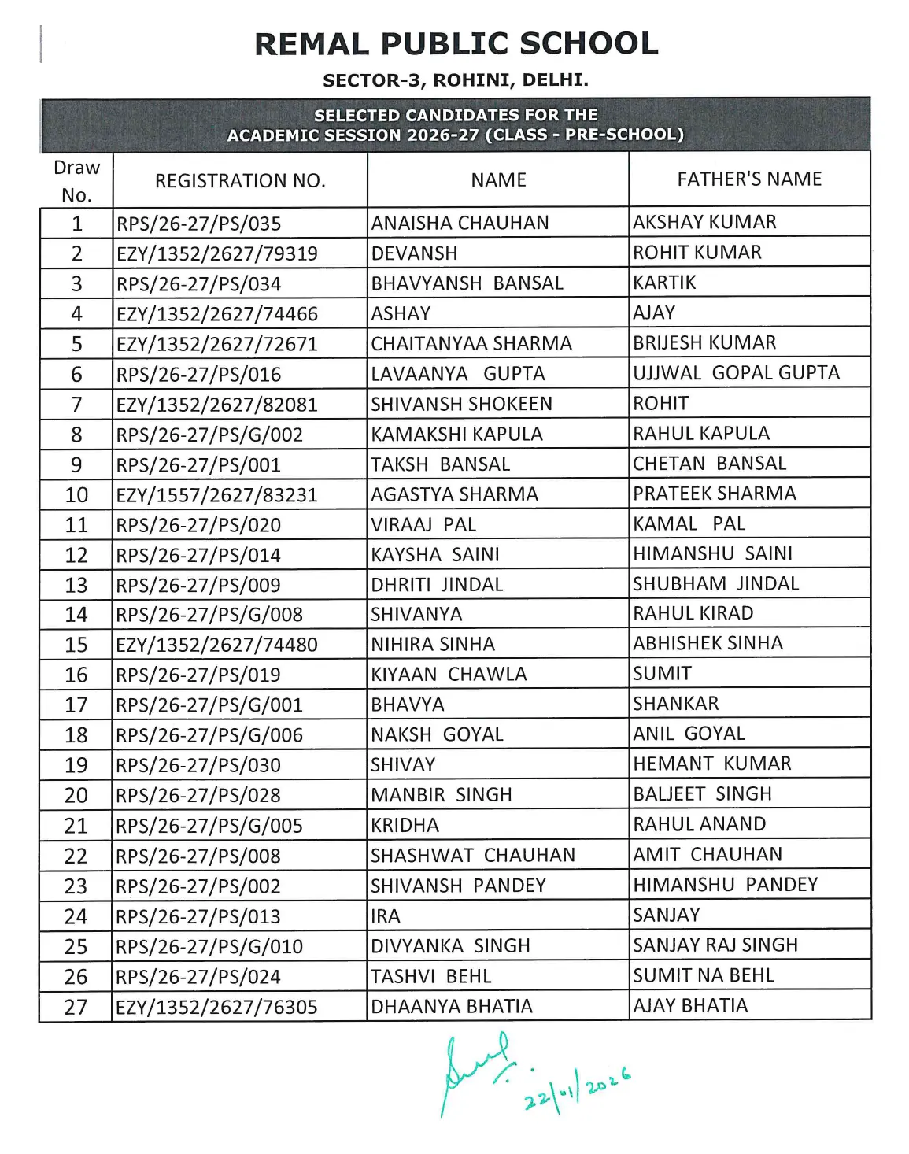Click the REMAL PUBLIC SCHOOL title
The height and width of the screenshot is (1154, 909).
[x=456, y=44]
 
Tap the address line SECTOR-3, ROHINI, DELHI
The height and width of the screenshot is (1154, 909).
[x=456, y=80]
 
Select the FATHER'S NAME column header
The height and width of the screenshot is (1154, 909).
[x=749, y=179]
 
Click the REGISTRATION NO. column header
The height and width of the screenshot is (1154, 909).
[x=240, y=181]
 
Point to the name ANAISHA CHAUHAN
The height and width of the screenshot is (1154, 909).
[x=460, y=223]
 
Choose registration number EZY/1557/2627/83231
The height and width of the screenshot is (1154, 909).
[x=216, y=495]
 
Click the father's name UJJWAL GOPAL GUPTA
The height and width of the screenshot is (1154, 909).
[x=736, y=373]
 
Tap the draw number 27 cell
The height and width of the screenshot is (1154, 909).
[x=76, y=1007]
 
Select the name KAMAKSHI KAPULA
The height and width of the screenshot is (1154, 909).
[x=456, y=435]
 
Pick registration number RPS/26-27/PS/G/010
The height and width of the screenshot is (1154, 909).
[x=209, y=947]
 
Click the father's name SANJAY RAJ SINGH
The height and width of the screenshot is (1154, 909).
[x=715, y=945]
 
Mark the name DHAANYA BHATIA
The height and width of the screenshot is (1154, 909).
[x=452, y=1007]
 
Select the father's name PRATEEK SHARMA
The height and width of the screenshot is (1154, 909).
[x=715, y=494]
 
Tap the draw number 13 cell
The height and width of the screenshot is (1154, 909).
[x=76, y=586]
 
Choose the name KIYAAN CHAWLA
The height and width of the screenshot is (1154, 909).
[x=449, y=675]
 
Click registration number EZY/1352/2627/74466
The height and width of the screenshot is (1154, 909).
[x=216, y=314]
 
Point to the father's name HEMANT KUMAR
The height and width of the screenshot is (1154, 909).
[x=712, y=764]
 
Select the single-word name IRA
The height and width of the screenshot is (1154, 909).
[x=386, y=916]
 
